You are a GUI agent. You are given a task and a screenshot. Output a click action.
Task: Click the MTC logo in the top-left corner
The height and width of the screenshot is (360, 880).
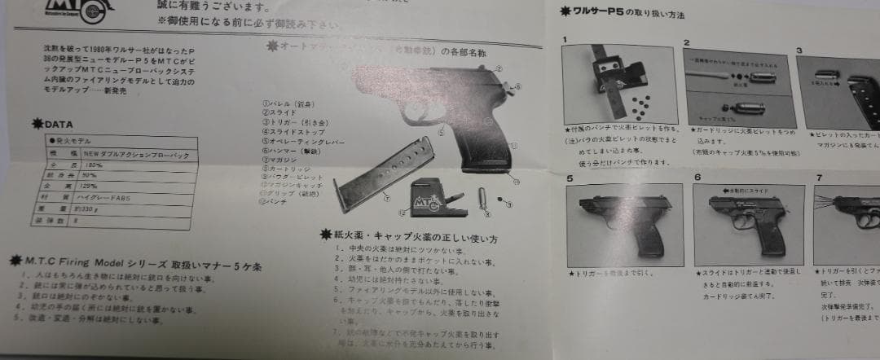(x=77, y=9)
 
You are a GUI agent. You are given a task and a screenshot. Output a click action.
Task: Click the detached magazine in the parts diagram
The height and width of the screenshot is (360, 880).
(x=363, y=184)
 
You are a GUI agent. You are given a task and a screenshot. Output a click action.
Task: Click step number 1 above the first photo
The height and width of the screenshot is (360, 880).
(x=565, y=39)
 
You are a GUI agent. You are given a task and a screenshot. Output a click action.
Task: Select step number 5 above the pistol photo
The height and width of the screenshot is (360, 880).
(x=570, y=177)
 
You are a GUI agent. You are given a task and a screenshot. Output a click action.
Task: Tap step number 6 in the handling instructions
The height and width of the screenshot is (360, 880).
(x=697, y=177)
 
